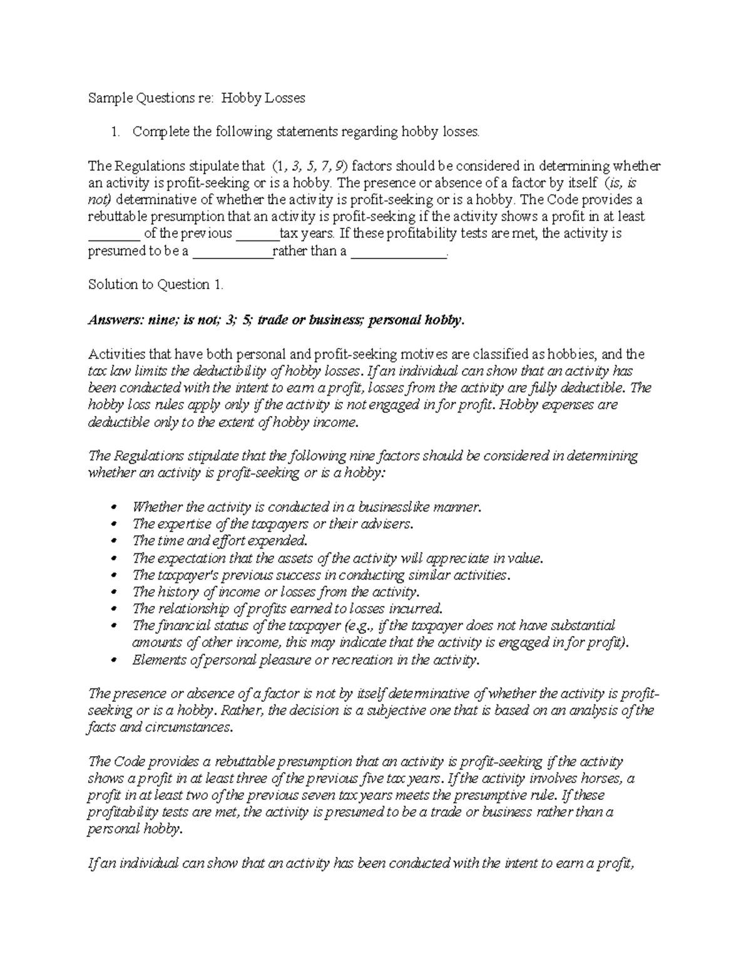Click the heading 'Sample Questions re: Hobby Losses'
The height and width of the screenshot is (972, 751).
(x=197, y=98)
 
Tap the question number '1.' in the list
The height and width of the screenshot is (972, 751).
(x=115, y=132)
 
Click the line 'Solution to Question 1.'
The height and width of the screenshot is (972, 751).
(x=155, y=285)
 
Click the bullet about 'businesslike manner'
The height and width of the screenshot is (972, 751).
(x=307, y=507)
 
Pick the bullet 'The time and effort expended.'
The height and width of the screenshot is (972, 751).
(x=220, y=541)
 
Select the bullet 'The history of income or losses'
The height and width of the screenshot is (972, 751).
(x=275, y=592)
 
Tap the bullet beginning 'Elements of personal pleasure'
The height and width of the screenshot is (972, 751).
(x=305, y=660)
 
